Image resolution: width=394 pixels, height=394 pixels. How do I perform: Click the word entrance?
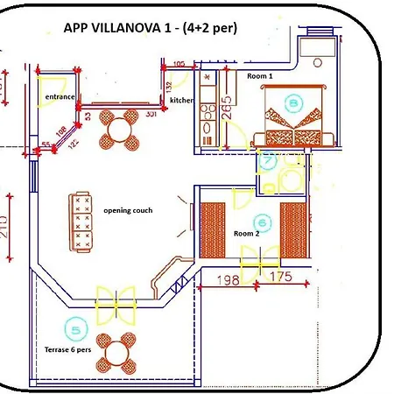(55, 98)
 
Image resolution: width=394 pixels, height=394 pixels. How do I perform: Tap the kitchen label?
(182, 101)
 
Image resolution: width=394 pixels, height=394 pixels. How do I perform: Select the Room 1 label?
(259, 77)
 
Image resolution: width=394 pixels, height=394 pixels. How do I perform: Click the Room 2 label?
(247, 234)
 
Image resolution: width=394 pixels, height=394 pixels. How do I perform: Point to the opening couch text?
(128, 211)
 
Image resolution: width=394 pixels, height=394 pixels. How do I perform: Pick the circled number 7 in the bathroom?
(267, 160)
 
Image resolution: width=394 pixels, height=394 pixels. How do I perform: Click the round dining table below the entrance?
(118, 131)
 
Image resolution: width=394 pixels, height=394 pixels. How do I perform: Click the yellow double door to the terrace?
(116, 301)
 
